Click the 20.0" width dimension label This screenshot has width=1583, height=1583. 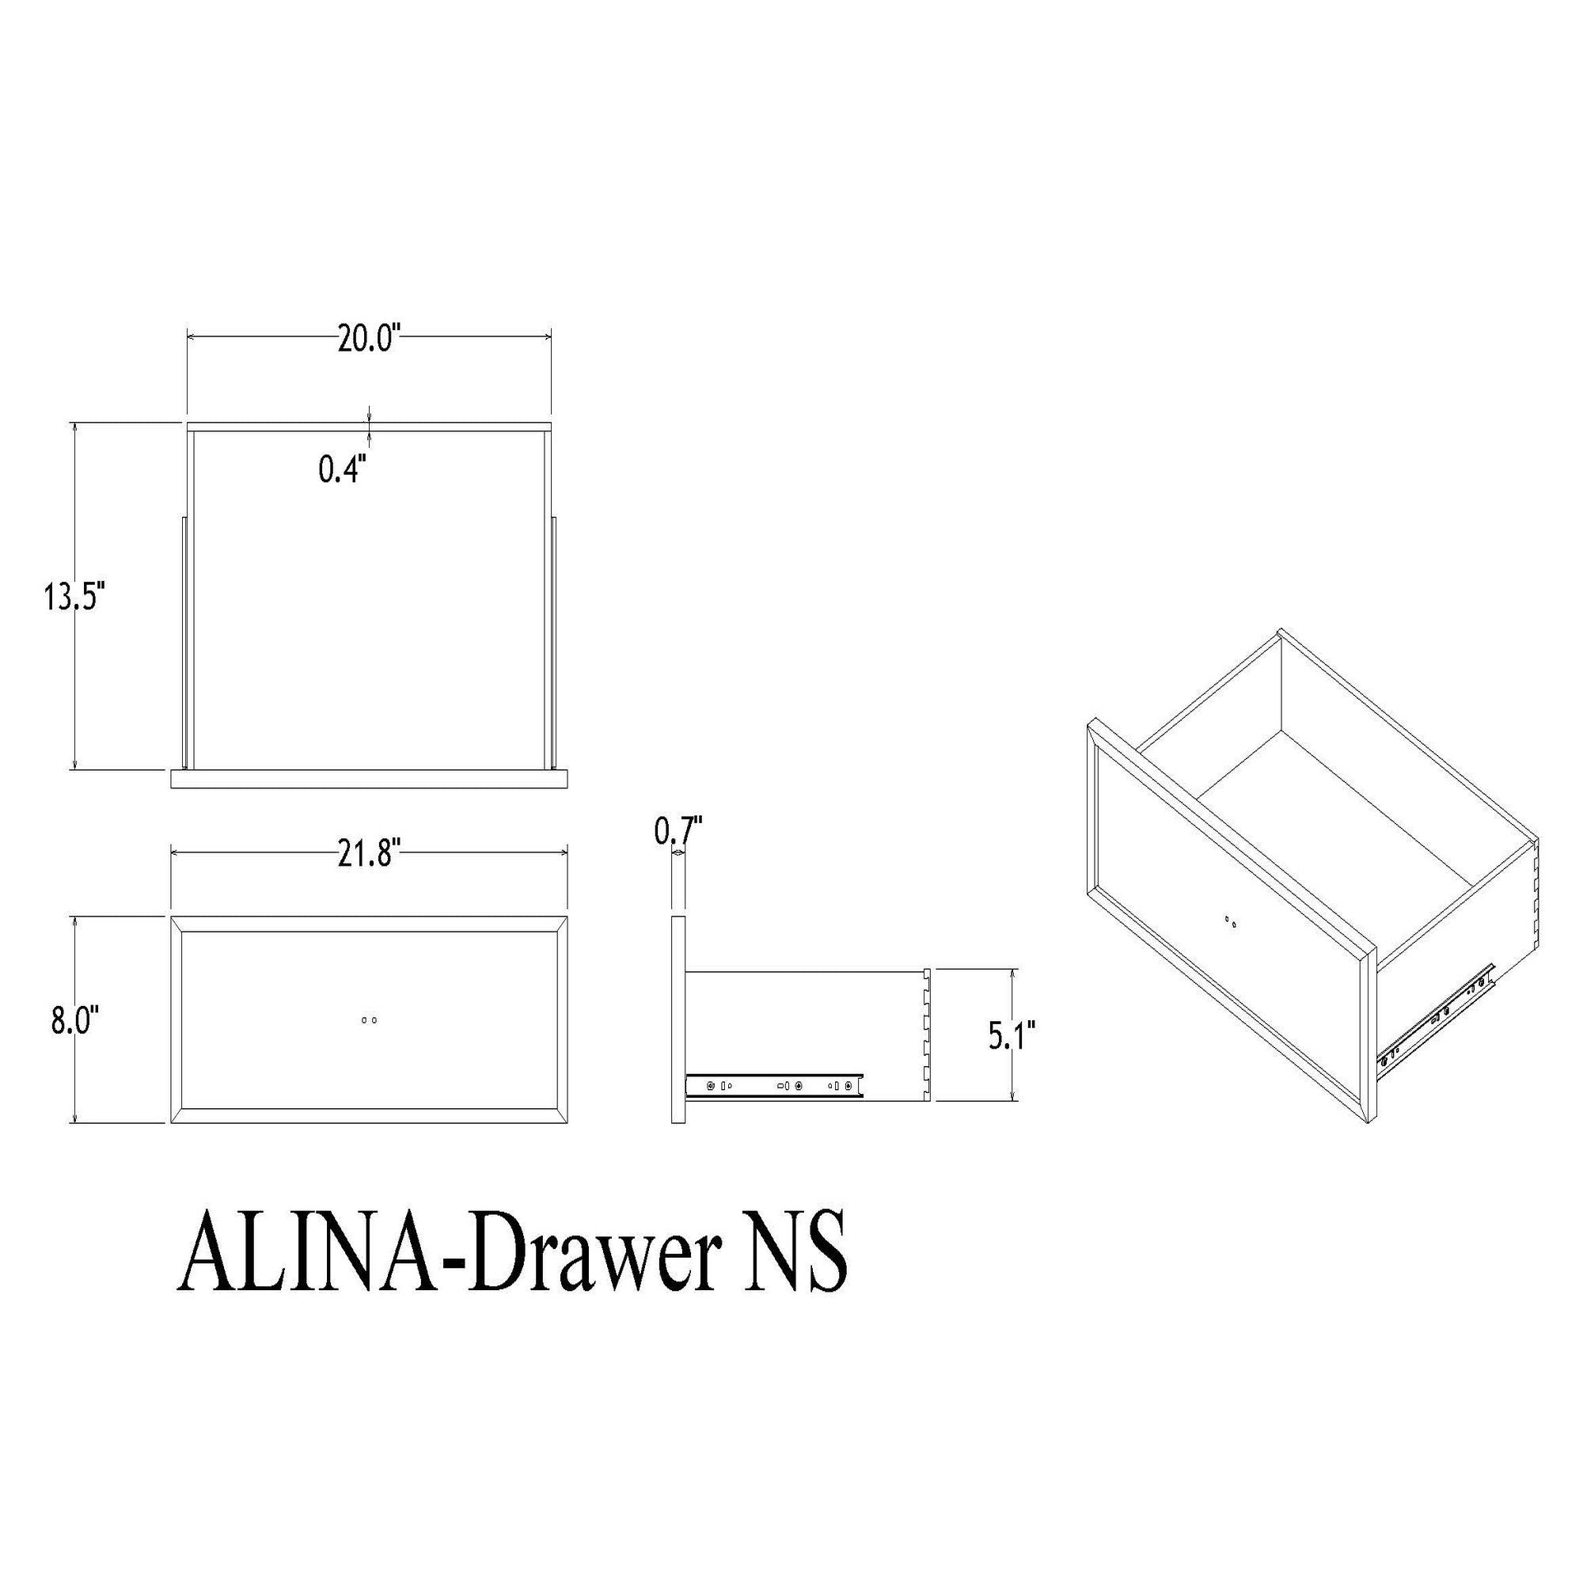(x=368, y=339)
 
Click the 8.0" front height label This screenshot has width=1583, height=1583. (x=75, y=1023)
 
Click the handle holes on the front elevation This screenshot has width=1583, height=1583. (x=369, y=1020)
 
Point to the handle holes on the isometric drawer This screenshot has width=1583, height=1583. (x=1231, y=924)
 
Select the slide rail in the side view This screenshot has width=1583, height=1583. (x=773, y=1086)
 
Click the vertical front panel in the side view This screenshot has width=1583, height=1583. (x=678, y=1020)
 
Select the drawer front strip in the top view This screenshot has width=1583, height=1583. (x=369, y=778)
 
